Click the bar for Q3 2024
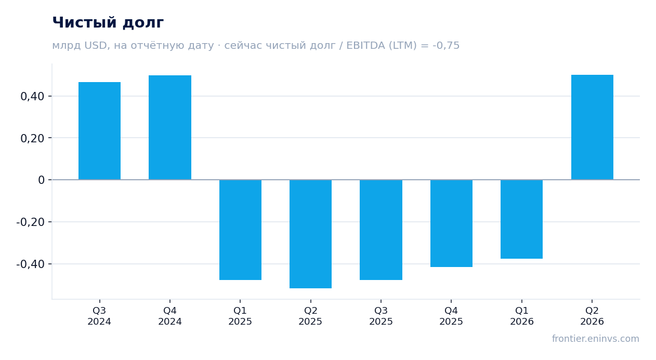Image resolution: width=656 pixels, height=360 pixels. (x=100, y=131)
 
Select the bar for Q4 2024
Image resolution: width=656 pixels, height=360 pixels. (x=170, y=128)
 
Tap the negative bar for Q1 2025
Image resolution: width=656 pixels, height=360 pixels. (x=241, y=230)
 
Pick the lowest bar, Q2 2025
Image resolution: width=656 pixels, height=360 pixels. (x=311, y=234)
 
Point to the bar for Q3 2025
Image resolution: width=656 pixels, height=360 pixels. (x=381, y=230)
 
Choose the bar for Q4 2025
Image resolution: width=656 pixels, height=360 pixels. (x=451, y=223)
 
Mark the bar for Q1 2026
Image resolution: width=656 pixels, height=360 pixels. (x=521, y=219)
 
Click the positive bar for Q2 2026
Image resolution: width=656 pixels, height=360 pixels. (x=592, y=127)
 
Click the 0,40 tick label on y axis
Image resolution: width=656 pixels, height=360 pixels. (x=32, y=96)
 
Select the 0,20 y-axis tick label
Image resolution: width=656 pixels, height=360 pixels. (x=32, y=138)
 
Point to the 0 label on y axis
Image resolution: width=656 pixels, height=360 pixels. (x=41, y=180)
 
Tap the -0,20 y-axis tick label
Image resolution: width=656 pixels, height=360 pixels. (x=31, y=222)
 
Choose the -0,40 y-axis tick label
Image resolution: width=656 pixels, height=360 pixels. (x=31, y=264)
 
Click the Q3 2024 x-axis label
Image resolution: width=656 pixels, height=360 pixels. (x=99, y=316)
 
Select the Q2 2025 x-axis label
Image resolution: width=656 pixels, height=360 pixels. (x=310, y=316)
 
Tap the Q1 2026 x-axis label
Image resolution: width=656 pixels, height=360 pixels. (x=522, y=316)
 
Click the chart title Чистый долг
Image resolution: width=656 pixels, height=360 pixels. (x=108, y=22)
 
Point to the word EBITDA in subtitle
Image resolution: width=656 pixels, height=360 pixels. (x=366, y=45)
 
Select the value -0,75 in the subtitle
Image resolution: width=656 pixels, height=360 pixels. (x=446, y=45)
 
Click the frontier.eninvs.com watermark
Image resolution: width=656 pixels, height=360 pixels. (x=596, y=339)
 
